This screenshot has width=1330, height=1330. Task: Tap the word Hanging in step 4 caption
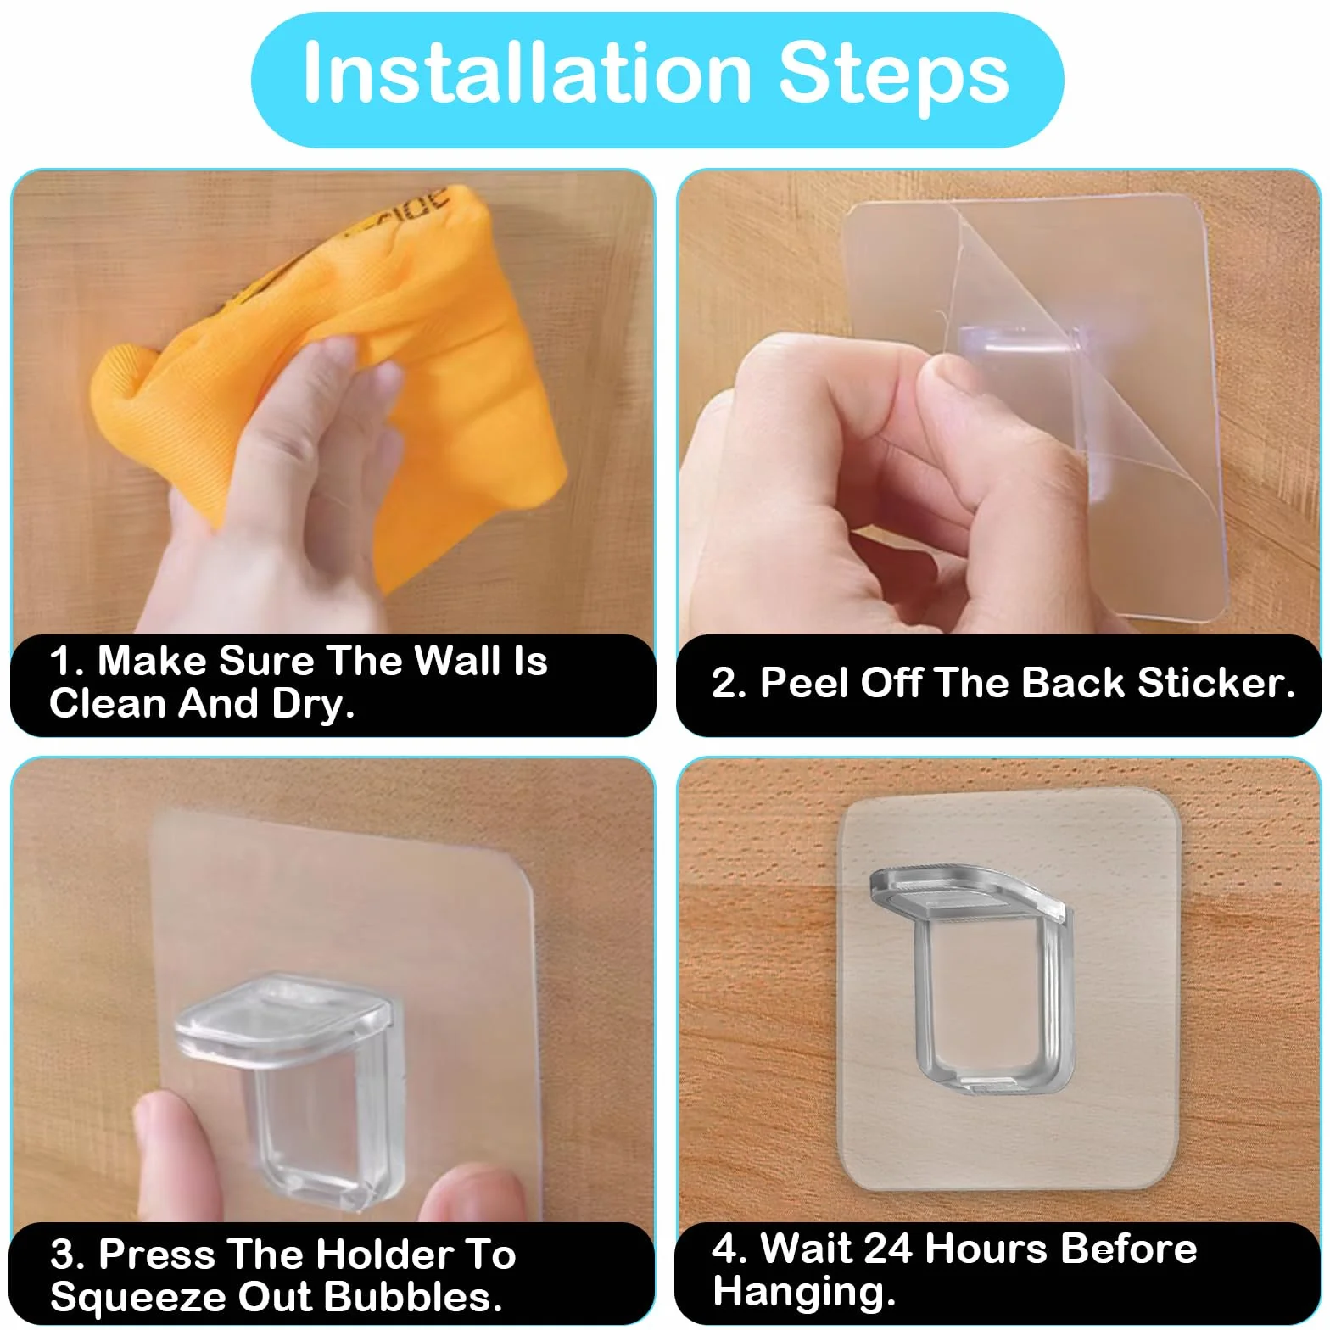[x=804, y=1292]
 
